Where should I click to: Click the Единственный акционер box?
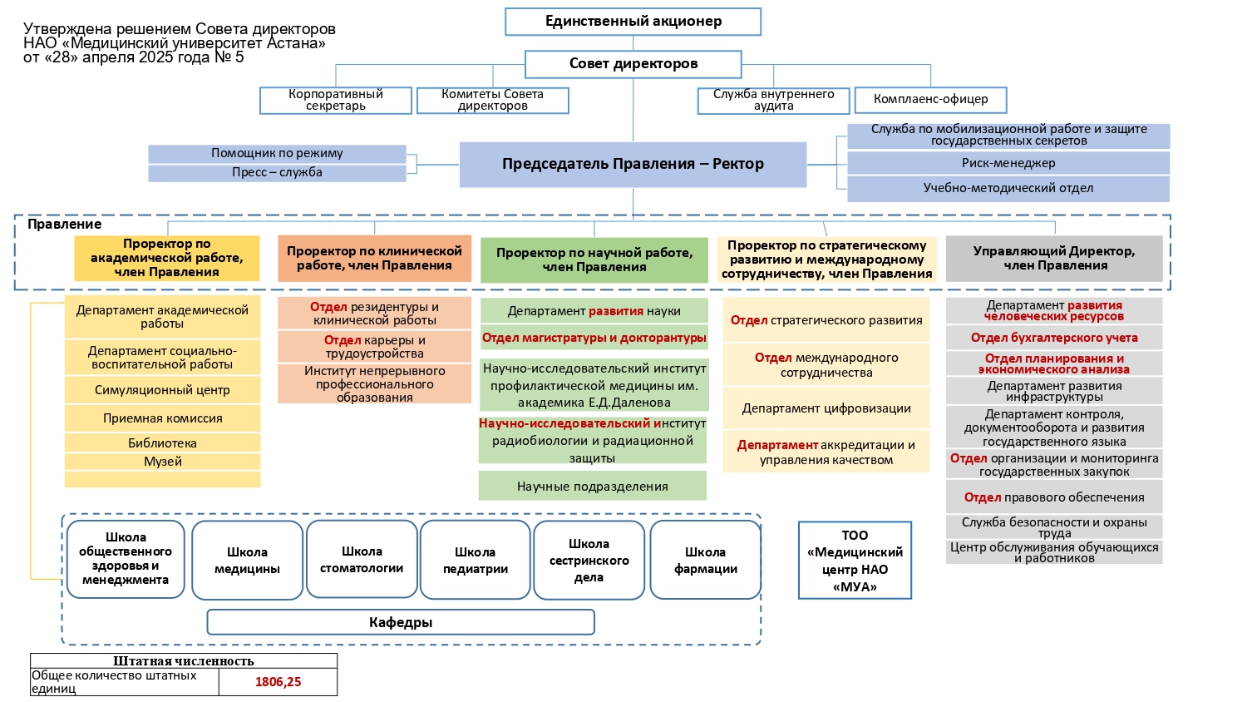(633, 22)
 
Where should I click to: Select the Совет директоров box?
(633, 64)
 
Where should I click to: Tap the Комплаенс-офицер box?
(930, 100)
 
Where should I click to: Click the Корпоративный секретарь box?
(336, 101)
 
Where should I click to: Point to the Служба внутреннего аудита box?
(773, 101)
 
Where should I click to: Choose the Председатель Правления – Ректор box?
(633, 165)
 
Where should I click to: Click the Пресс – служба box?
(277, 173)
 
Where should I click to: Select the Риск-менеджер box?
(1008, 163)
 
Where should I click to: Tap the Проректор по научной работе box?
(594, 260)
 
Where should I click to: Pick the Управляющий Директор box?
(1054, 259)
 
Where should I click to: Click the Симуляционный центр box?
(162, 390)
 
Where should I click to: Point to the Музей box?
(162, 462)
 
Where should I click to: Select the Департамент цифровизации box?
(826, 408)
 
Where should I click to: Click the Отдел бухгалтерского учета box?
(1054, 338)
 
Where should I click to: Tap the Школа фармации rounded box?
(705, 560)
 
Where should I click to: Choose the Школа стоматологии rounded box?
(362, 560)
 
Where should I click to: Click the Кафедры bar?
(400, 622)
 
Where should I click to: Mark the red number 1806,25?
(278, 682)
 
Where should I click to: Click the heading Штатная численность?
(183, 661)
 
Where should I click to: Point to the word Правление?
(65, 225)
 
